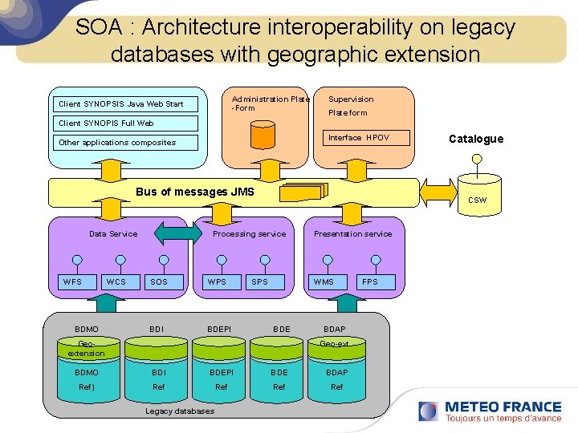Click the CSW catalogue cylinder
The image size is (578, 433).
477,195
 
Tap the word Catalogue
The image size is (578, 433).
476,139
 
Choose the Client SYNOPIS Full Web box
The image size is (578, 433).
125,123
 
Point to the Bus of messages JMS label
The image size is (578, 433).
195,192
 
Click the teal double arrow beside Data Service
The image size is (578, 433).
178,233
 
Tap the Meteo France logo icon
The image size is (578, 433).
429,411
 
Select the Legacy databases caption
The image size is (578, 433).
180,411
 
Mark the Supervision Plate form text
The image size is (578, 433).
350,106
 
